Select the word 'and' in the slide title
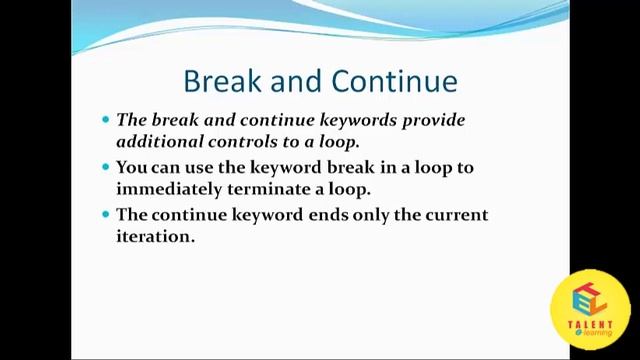click(299, 81)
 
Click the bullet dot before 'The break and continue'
click(106, 120)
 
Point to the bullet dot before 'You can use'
click(106, 168)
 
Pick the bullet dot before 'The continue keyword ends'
click(106, 215)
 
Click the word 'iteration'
click(153, 237)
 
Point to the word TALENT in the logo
click(590, 324)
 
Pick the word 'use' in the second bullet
click(214, 168)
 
